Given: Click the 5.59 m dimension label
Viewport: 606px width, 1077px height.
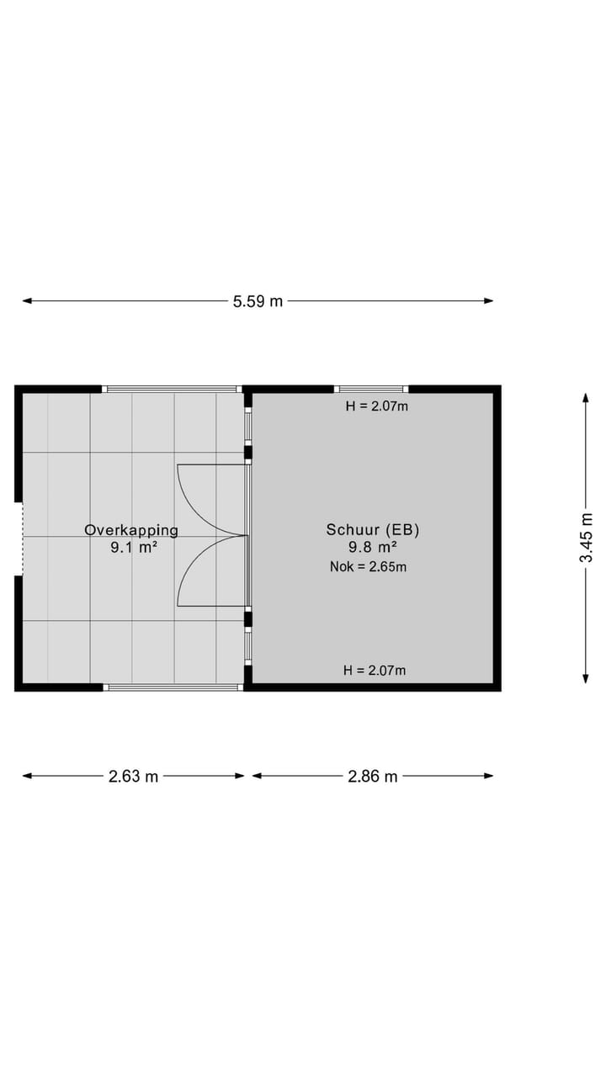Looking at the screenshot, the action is (258, 301).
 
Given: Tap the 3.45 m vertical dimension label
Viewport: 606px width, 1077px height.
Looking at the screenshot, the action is (586, 538).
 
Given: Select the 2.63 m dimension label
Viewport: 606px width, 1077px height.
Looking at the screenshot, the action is (133, 777).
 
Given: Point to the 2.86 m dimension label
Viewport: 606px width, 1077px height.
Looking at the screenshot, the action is (373, 777).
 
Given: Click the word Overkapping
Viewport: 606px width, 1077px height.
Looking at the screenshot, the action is (131, 530).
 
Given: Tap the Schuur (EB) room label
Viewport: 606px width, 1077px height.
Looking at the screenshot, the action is (373, 529).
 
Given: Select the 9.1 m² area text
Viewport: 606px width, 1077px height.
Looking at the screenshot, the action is (134, 547).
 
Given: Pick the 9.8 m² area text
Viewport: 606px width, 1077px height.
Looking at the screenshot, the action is (373, 547).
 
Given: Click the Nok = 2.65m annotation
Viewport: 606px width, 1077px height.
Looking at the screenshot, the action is (368, 567).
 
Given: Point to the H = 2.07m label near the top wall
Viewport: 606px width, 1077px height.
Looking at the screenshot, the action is (376, 406).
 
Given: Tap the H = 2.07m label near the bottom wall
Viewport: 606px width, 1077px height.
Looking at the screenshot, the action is (375, 670).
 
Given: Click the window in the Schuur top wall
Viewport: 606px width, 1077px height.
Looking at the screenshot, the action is (371, 389).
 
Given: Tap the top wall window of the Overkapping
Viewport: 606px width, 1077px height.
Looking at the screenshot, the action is (172, 389).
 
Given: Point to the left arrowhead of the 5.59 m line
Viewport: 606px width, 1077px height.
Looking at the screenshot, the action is (27, 301).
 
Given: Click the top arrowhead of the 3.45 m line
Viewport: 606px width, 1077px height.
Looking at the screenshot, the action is (586, 398).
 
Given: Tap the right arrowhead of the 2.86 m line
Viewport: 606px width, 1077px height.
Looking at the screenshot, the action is (489, 776).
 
